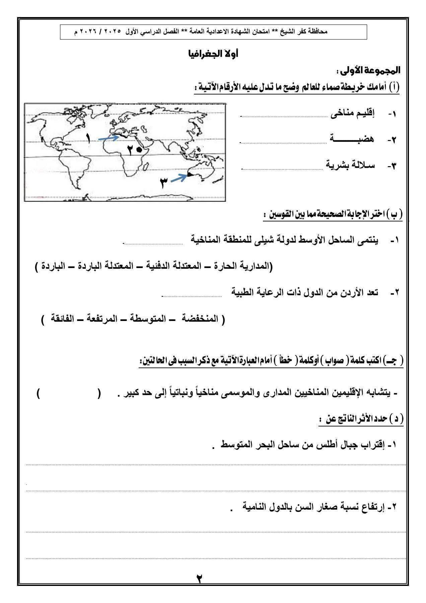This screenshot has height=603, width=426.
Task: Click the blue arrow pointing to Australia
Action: pos(179,178)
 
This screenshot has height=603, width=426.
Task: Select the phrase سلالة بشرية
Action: pos(351,165)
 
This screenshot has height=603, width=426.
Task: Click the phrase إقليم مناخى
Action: pos(352,114)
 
